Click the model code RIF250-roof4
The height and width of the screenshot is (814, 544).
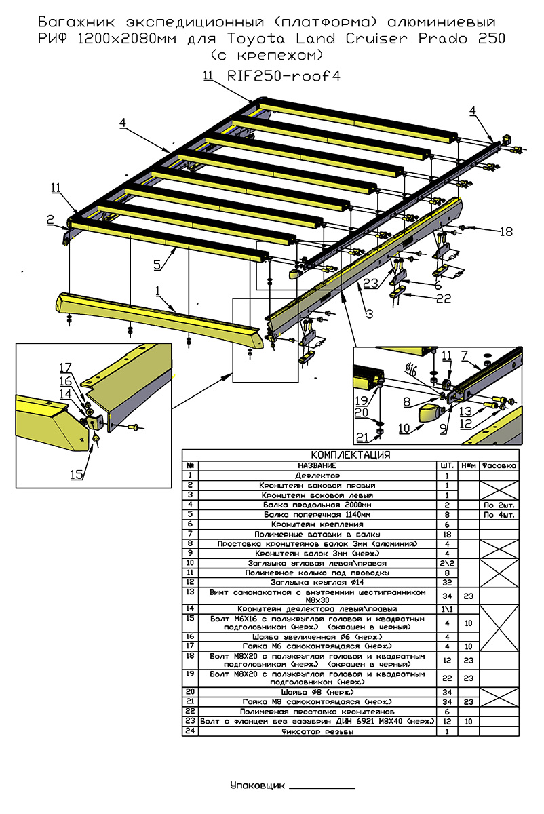point(284,76)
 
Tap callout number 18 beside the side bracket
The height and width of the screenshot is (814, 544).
point(506,231)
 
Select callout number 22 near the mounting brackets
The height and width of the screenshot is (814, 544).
point(444,298)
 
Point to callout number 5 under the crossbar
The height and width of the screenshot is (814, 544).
point(157,265)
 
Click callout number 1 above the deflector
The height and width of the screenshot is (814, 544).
point(157,291)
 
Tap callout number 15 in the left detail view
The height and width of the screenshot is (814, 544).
point(77,475)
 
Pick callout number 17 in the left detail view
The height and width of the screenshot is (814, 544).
point(65,368)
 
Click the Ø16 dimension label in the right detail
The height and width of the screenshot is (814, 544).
point(411,370)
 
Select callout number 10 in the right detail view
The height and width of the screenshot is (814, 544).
point(404,429)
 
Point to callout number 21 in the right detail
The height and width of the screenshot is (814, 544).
point(362,437)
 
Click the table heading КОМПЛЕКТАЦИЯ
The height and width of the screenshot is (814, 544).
point(350,455)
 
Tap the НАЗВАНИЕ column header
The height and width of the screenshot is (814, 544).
point(317,465)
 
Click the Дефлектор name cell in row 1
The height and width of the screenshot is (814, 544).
point(317,476)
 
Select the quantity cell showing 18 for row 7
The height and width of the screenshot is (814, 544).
point(447,535)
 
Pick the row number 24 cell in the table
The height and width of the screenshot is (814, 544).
point(190,731)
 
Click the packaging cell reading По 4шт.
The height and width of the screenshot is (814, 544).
point(499,515)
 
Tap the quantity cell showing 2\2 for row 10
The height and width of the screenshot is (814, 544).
point(447,564)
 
